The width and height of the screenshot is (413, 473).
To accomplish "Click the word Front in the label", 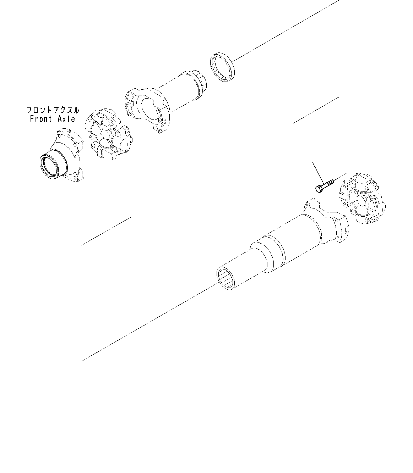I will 41,119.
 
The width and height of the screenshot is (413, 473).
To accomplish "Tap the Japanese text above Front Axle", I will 53,110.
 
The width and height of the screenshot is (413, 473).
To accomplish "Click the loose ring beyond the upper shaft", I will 222,68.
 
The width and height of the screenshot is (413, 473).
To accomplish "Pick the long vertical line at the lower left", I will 81,301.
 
